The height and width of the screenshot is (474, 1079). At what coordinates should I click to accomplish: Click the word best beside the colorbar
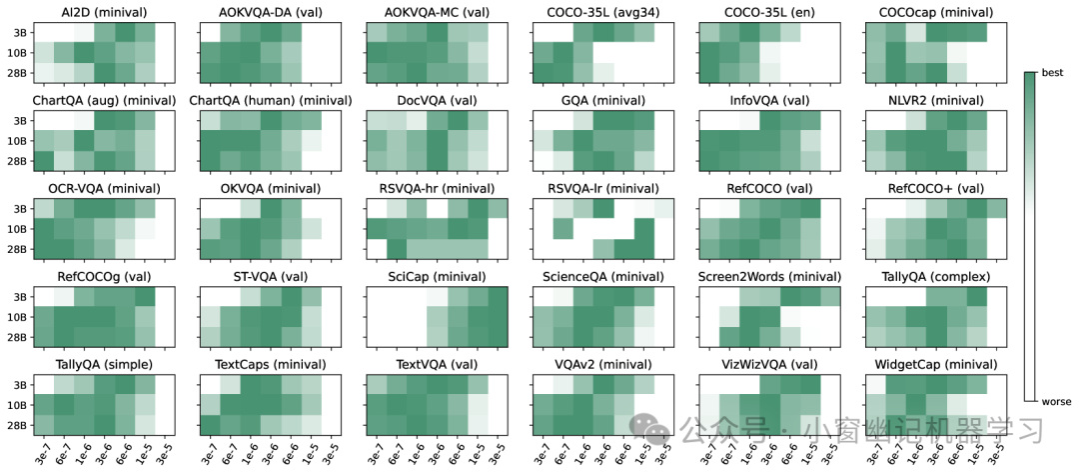pos(1053,74)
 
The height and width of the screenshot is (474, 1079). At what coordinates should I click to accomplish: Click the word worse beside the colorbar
pos(1057,401)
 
